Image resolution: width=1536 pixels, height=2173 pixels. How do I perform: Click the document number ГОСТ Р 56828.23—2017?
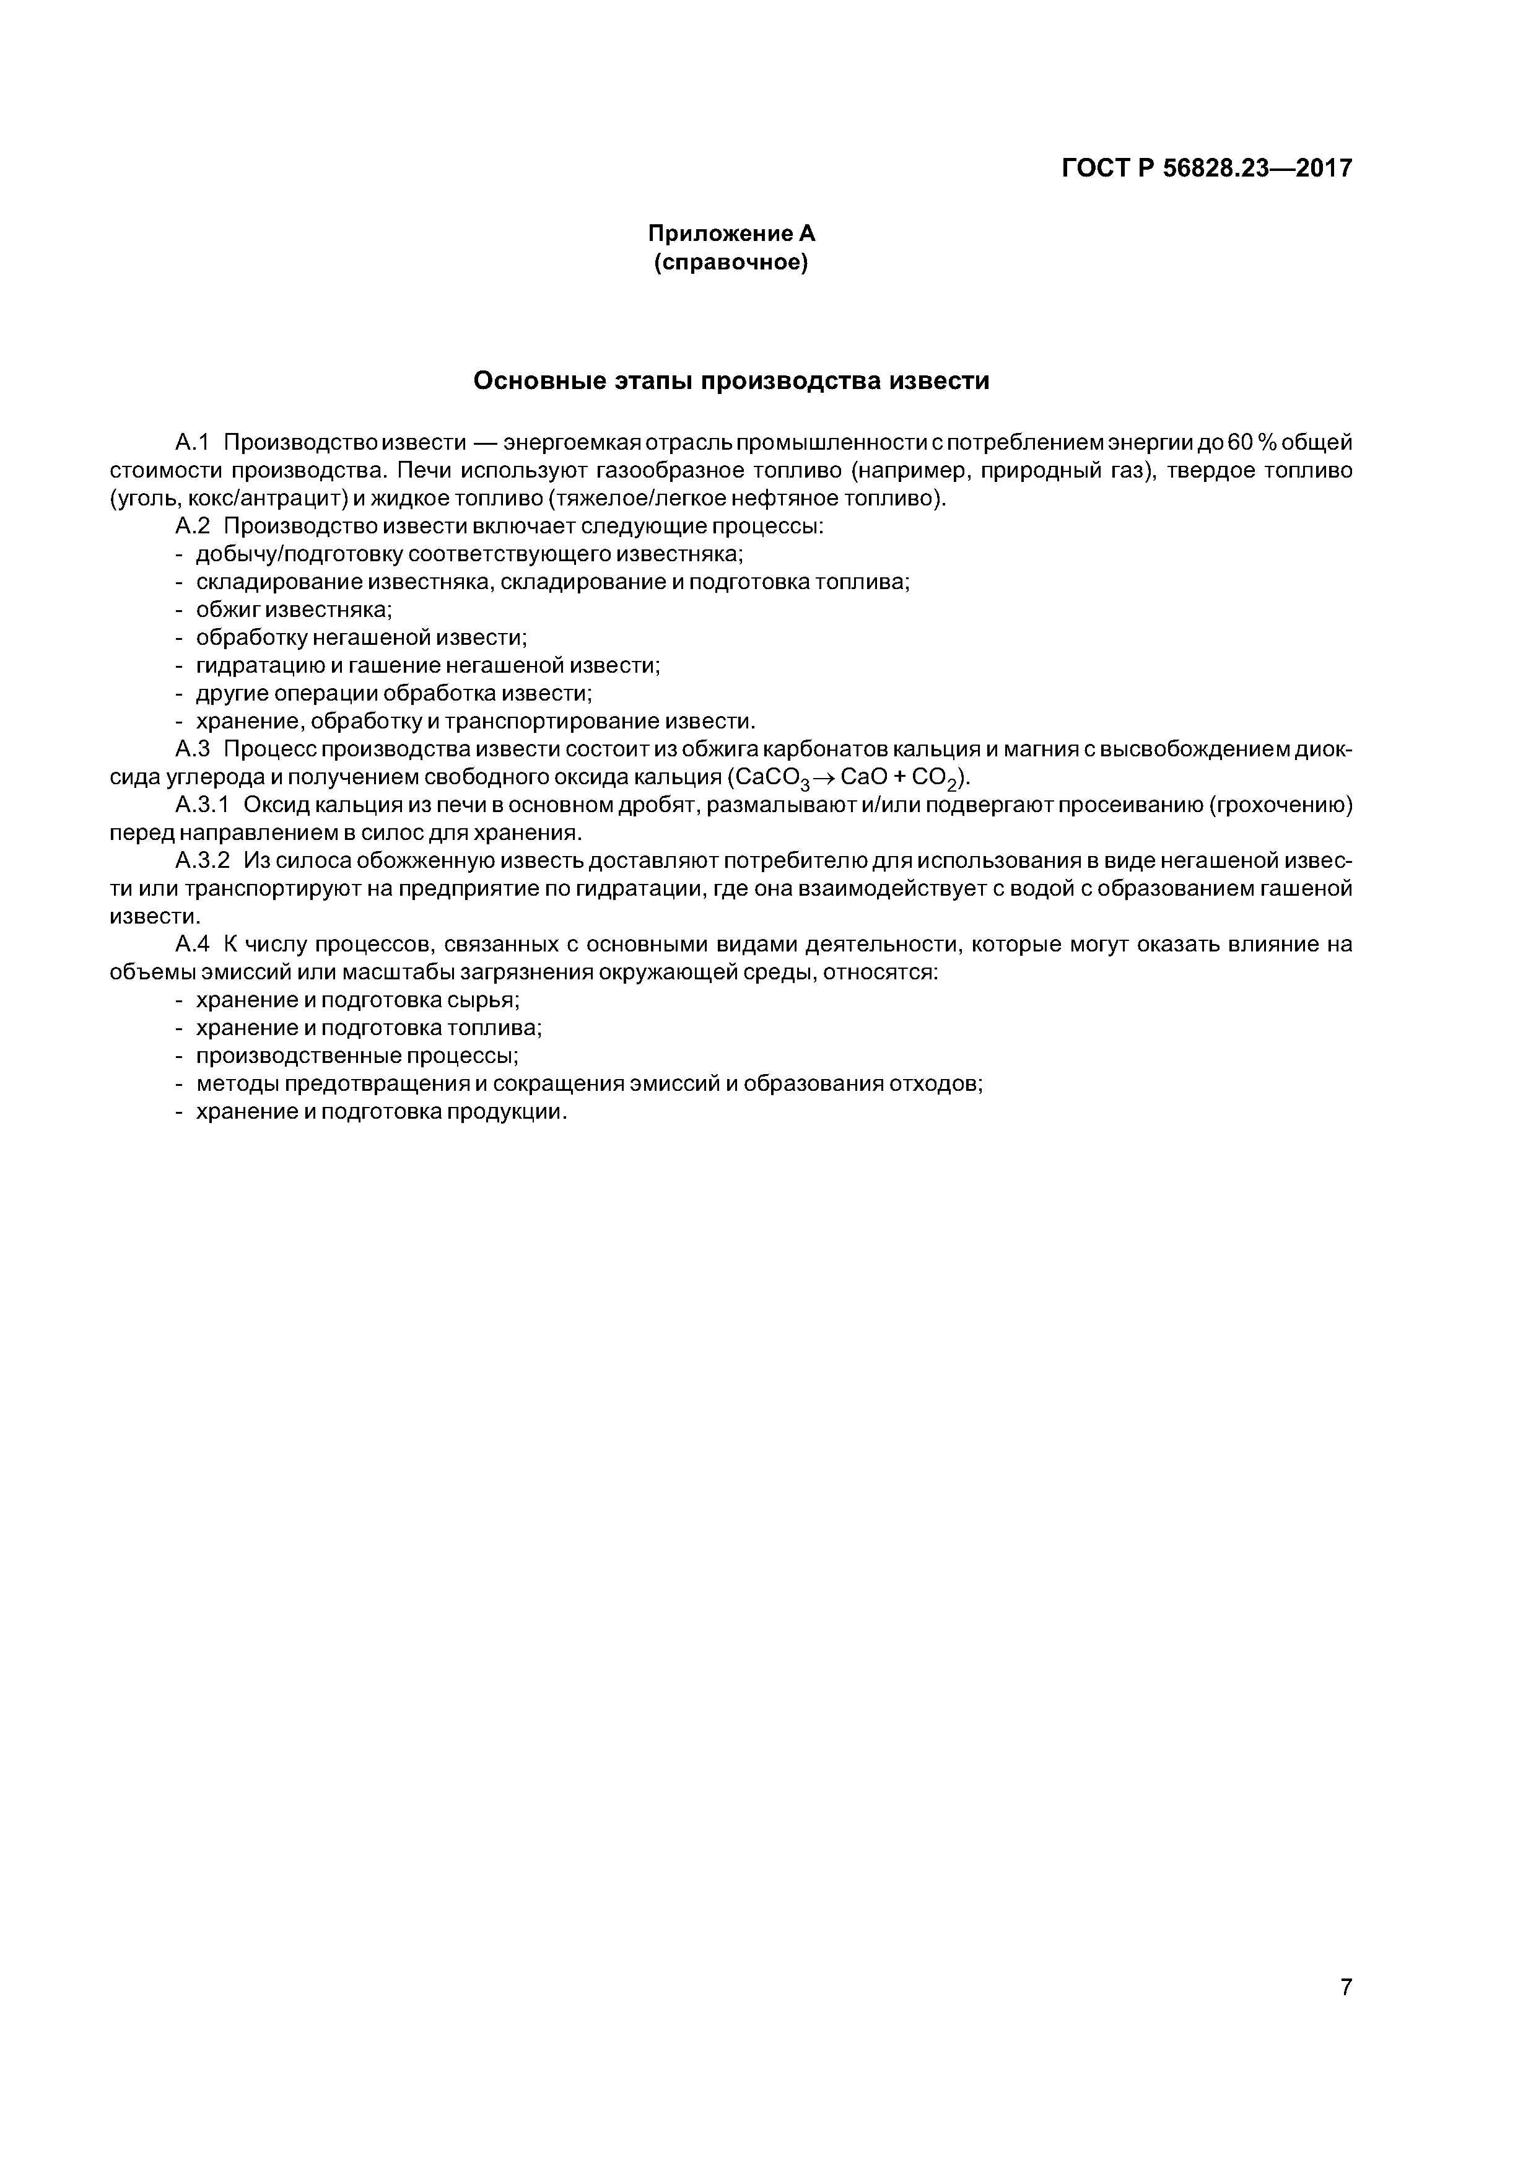coord(1207,168)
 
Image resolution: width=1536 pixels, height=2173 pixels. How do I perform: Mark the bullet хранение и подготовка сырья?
coord(358,1000)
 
